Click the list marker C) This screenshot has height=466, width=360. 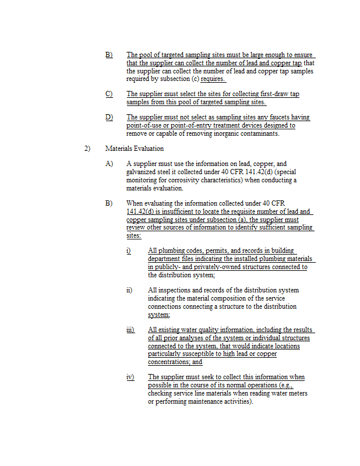pyautogui.click(x=109, y=94)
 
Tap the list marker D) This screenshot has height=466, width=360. pyautogui.click(x=109, y=118)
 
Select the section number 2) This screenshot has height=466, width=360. pyautogui.click(x=87, y=149)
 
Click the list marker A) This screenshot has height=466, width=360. pyautogui.click(x=109, y=164)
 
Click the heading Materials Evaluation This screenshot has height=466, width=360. pyautogui.click(x=134, y=149)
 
